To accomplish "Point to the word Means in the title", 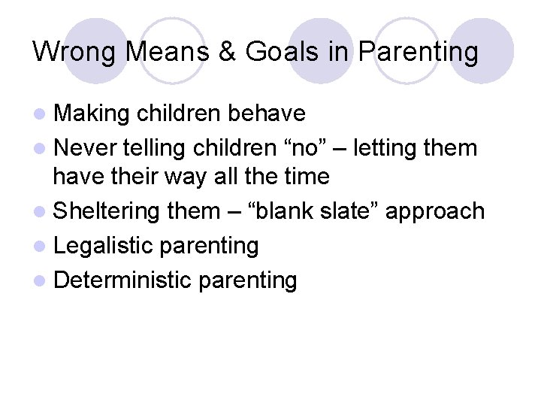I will tap(164, 52).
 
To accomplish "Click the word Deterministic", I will tap(125, 280).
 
